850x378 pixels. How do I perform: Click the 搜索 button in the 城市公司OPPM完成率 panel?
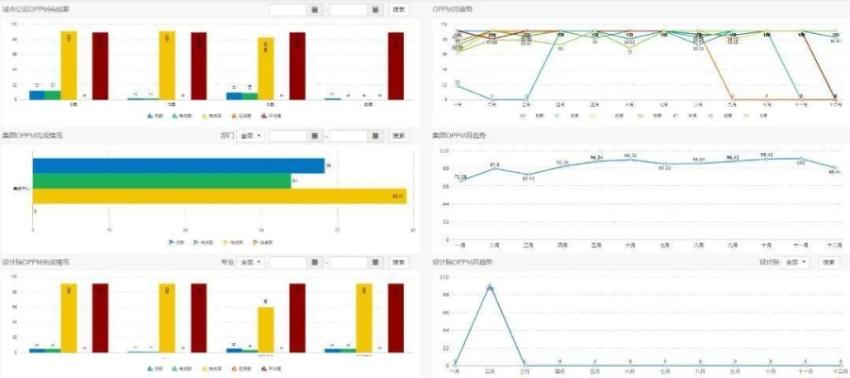[x=399, y=9]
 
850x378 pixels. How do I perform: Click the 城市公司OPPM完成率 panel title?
[x=42, y=9]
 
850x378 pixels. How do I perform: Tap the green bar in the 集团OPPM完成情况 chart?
[x=161, y=180]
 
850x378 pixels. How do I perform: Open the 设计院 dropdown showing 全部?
[x=796, y=262]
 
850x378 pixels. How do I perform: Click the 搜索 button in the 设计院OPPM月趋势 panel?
[x=828, y=262]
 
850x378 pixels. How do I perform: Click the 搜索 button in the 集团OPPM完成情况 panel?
[x=399, y=136]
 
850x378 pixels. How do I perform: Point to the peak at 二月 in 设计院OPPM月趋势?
[x=490, y=285]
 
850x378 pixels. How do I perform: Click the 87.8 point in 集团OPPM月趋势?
[x=493, y=169]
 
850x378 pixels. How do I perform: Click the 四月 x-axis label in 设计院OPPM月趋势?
[x=560, y=371]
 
